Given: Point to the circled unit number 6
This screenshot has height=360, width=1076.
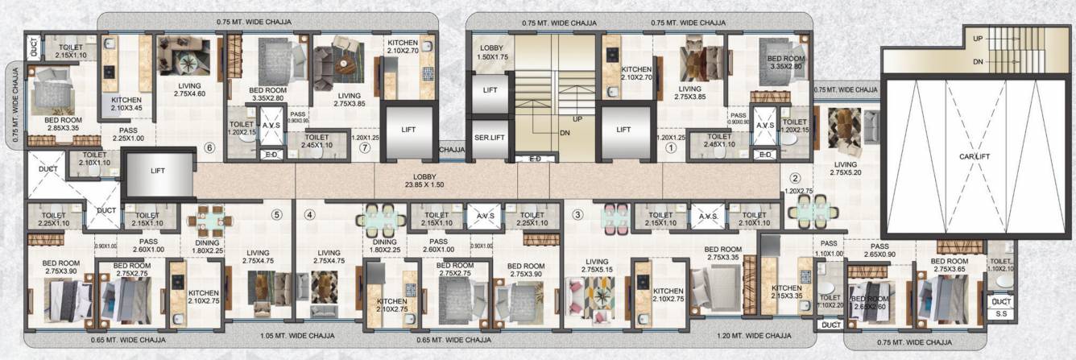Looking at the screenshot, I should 209,147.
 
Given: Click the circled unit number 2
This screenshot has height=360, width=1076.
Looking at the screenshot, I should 795,178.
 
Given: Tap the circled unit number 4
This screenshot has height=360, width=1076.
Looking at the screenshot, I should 310,215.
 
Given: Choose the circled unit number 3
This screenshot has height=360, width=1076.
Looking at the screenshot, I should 577,214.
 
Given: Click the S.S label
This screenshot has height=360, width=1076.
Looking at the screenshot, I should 1002,313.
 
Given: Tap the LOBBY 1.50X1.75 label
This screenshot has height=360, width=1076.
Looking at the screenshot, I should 490,53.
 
